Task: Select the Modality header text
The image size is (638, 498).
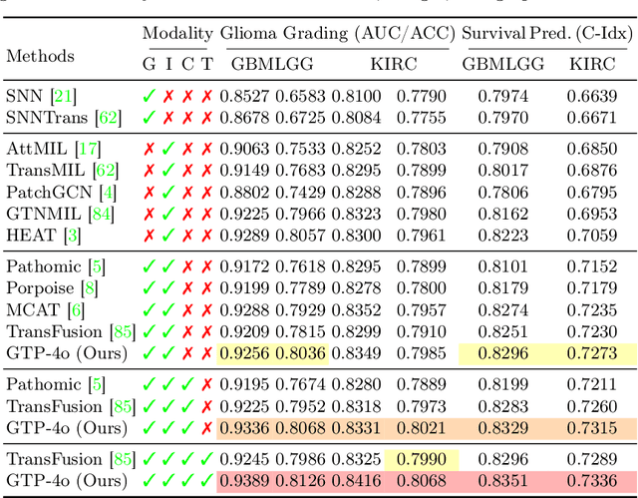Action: tap(177, 34)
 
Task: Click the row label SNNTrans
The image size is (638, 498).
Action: tap(48, 118)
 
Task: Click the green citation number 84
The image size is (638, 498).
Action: tap(102, 215)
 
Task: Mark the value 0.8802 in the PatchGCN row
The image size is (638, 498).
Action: tap(244, 193)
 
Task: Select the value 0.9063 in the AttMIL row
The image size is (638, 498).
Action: tap(244, 150)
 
